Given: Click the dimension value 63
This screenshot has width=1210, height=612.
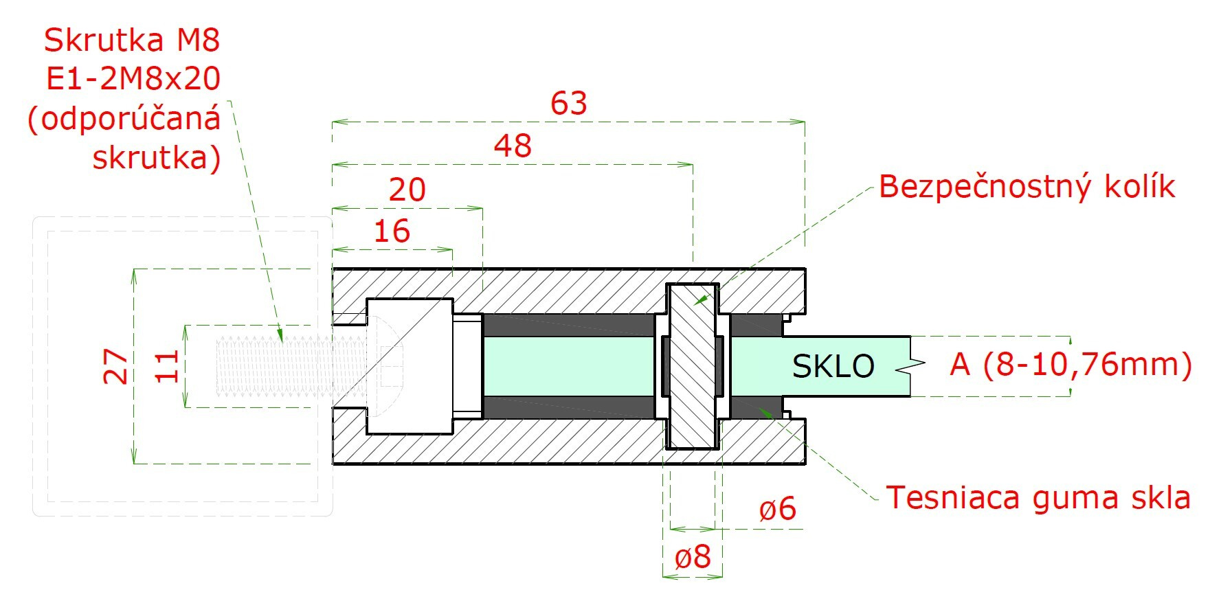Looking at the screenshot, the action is click(569, 104).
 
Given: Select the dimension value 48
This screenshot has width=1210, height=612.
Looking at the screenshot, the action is click(513, 146).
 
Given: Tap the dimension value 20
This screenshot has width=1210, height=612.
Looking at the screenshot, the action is click(407, 190).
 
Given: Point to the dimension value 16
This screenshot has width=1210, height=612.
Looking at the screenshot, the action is click(392, 231).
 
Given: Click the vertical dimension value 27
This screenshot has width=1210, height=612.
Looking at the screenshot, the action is click(115, 366).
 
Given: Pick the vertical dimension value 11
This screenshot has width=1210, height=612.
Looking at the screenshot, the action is click(166, 366).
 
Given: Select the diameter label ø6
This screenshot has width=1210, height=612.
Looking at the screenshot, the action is click(777, 510).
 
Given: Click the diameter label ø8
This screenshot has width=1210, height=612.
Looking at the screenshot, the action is click(693, 557).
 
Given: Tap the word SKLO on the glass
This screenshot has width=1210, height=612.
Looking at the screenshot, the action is click(833, 366).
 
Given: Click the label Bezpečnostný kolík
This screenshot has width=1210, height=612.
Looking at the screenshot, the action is click(1027, 186).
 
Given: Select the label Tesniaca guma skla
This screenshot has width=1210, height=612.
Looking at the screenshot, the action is click(1038, 497).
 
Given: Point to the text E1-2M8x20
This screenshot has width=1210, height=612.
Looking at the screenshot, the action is click(133, 80).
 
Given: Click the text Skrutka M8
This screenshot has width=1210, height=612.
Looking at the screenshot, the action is click(132, 40).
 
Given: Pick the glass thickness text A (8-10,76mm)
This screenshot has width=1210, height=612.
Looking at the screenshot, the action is click(1071, 364).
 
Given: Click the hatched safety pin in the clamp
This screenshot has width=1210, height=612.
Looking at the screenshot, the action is click(693, 367).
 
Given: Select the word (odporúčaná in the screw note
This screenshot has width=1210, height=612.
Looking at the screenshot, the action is click(124, 119).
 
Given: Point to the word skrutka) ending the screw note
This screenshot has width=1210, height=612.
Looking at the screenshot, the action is click(157, 158).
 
